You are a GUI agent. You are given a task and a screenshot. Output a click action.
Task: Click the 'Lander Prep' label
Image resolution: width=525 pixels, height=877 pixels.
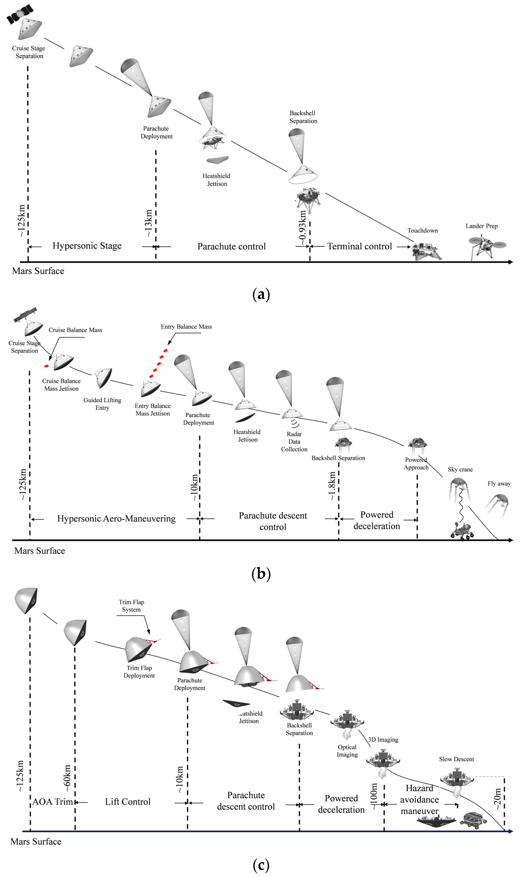pyautogui.click(x=481, y=226)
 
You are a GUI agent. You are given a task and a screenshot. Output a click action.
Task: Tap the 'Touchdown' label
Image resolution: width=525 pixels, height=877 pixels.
pyautogui.click(x=422, y=231)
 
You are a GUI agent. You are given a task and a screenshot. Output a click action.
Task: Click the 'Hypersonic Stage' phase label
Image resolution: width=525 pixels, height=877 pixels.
pyautogui.click(x=87, y=246)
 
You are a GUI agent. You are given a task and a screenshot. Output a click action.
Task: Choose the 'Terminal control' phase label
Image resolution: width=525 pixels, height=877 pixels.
pyautogui.click(x=359, y=246)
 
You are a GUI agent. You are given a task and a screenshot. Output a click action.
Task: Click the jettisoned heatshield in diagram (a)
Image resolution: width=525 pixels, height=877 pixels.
pyautogui.click(x=217, y=160)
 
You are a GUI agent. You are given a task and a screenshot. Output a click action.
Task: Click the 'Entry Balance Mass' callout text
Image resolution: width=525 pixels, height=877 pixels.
pyautogui.click(x=186, y=327)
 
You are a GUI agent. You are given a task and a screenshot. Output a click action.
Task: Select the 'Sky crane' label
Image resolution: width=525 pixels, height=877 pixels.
pyautogui.click(x=460, y=470)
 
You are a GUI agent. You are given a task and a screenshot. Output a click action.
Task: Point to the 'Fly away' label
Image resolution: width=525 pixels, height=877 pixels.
pyautogui.click(x=499, y=484)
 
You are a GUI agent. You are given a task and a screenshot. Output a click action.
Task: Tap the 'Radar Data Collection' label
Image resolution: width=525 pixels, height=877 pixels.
pyautogui.click(x=294, y=442)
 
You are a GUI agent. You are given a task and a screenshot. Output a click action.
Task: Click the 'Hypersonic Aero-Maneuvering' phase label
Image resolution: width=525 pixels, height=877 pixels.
pyautogui.click(x=116, y=519)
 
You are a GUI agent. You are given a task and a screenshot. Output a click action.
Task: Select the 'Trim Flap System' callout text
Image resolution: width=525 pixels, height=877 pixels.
pyautogui.click(x=131, y=606)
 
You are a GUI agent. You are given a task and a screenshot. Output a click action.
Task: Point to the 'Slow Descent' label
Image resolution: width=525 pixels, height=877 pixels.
pyautogui.click(x=456, y=759)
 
